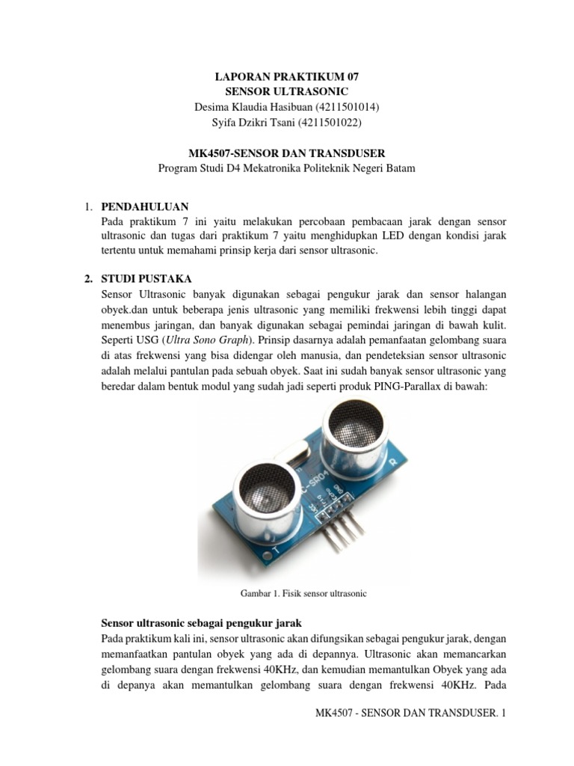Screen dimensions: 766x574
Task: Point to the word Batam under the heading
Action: pos(400,168)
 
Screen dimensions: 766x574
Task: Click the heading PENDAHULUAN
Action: pos(144,206)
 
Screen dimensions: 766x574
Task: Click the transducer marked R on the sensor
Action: pos(352,433)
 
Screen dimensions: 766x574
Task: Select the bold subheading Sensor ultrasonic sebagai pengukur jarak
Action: pos(200,623)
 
